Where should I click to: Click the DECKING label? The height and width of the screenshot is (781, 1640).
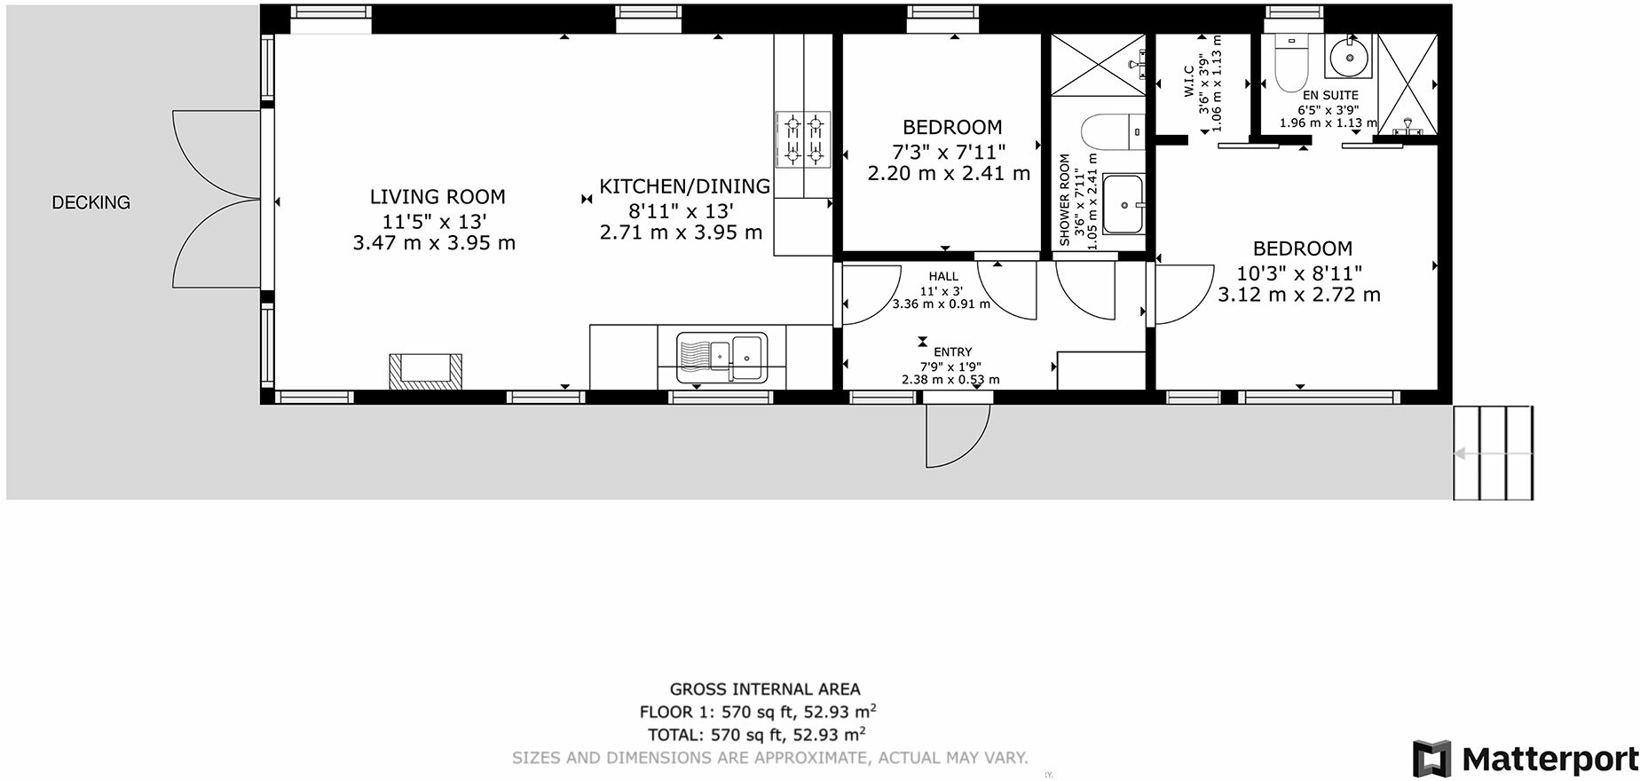pos(91,202)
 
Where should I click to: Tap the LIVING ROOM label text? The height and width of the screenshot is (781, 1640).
pos(437,197)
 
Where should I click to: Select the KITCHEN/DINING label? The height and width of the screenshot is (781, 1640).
pos(684,186)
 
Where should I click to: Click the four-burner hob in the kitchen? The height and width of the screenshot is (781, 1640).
pos(803,139)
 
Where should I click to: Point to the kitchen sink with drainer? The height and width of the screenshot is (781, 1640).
pos(721,357)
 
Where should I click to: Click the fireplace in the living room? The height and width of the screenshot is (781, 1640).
pos(426,371)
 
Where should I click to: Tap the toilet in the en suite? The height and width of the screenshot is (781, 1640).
pos(1287,65)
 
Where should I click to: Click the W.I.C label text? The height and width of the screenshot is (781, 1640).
pos(1189,82)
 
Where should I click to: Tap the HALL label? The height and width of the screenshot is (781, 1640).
pos(943,277)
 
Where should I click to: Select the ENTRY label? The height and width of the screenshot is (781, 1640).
pos(952,352)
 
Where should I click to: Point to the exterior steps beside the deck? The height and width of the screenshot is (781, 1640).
pos(1494,453)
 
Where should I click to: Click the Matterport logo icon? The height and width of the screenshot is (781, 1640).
pos(1433,759)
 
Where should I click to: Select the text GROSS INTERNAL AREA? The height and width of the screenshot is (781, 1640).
pos(764,689)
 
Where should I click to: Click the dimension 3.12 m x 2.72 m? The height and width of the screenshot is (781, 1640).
pos(1299,295)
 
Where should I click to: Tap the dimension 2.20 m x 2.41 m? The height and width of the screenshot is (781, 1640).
pos(949,173)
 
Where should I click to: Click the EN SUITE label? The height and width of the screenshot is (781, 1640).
pos(1330,95)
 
